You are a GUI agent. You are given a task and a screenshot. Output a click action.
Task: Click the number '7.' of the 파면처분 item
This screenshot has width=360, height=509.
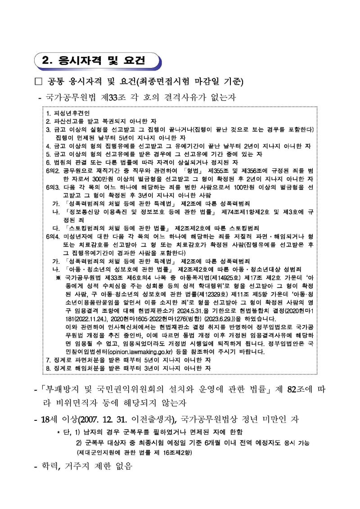(49, 360)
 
